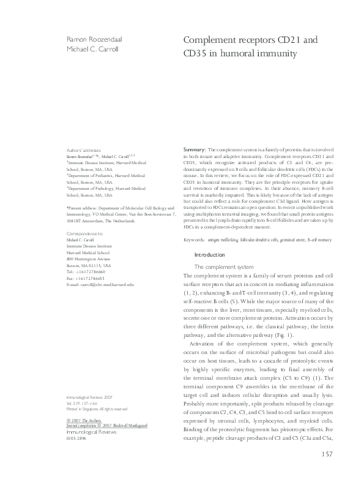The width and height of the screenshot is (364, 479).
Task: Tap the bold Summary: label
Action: tap(195, 149)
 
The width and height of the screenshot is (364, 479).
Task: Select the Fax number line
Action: tap(84, 279)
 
